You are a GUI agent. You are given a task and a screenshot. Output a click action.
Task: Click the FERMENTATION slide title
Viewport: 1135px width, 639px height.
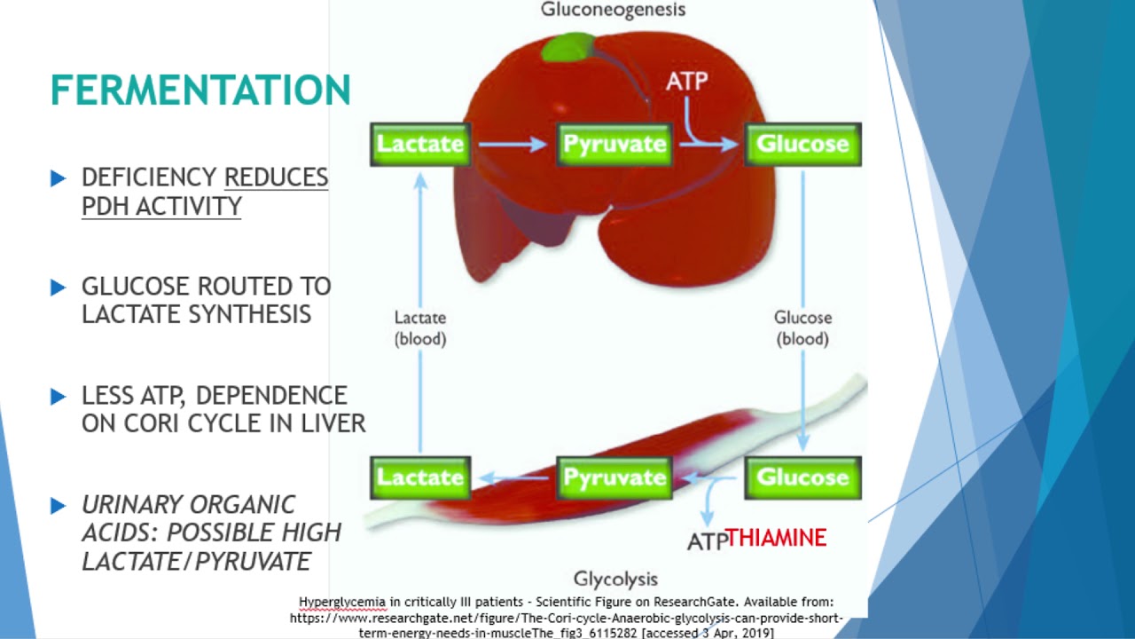click(200, 91)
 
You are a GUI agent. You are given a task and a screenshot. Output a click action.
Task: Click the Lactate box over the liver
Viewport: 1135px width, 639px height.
click(420, 144)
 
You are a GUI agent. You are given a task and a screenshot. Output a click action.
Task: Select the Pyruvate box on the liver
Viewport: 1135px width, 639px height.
click(614, 144)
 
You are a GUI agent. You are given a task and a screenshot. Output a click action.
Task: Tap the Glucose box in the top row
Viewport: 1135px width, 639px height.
click(802, 144)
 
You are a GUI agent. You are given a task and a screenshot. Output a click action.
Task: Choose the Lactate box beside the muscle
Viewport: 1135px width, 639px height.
click(420, 477)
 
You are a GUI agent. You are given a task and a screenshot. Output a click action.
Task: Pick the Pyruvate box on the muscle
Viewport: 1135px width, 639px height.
click(614, 477)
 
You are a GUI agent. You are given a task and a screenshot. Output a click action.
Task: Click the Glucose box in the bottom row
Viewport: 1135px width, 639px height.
click(802, 477)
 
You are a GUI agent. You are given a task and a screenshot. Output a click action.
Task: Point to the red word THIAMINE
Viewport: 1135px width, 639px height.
click(777, 538)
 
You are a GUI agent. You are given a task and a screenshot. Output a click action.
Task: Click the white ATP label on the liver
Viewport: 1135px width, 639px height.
click(687, 82)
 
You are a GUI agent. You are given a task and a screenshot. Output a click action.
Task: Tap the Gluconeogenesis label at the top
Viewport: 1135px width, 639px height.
click(613, 11)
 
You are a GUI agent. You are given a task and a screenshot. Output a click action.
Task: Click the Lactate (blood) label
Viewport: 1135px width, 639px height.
click(420, 327)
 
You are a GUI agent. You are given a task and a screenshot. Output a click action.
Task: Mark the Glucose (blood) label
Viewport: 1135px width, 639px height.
click(802, 327)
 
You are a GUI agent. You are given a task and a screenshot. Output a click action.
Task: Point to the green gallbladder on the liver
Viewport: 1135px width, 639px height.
click(567, 47)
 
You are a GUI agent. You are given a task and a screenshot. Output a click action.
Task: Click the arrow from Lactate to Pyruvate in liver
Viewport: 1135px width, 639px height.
click(513, 144)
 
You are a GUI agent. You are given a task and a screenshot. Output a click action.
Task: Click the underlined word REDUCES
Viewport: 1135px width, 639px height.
click(276, 177)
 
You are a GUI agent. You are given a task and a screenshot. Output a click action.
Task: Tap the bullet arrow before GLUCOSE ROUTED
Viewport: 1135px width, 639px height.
click(59, 287)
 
